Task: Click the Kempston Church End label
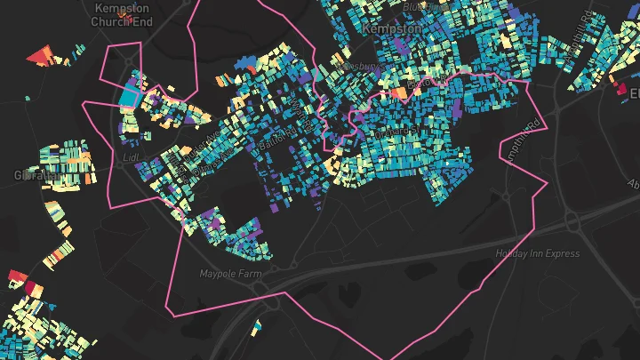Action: coord(124,14)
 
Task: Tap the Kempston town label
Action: coord(391,29)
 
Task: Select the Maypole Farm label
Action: coord(230,274)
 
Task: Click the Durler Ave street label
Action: coord(200,145)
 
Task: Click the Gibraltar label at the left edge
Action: coord(31,176)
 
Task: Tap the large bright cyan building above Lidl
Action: coord(130,93)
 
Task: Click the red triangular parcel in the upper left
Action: coord(39,57)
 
